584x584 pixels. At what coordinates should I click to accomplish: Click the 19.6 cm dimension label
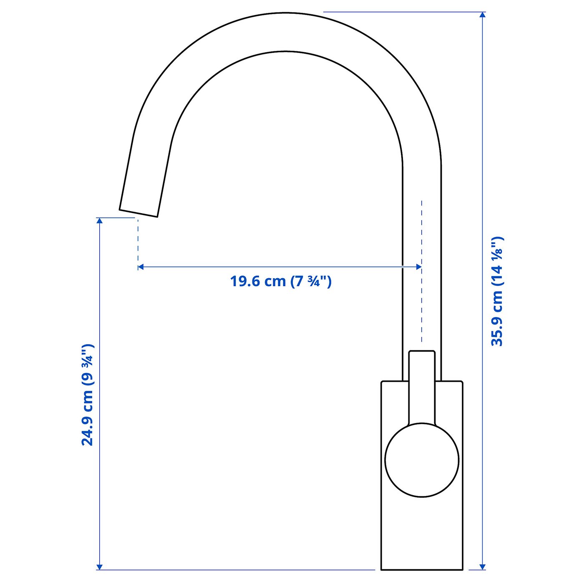281,281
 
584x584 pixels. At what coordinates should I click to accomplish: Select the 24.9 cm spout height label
87,395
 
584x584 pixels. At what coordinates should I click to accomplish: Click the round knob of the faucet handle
422,461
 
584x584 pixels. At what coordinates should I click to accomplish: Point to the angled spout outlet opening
138,213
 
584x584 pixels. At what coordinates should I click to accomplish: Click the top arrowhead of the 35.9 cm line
483,15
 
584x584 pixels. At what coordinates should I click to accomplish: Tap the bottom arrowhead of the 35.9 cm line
483,566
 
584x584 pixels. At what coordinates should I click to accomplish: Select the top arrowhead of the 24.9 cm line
99,221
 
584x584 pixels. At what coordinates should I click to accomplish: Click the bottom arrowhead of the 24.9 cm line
99,566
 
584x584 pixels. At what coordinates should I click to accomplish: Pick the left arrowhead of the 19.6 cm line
141,267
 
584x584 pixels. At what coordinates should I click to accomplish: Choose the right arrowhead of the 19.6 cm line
418,267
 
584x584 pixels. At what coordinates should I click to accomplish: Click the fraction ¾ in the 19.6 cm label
313,282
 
